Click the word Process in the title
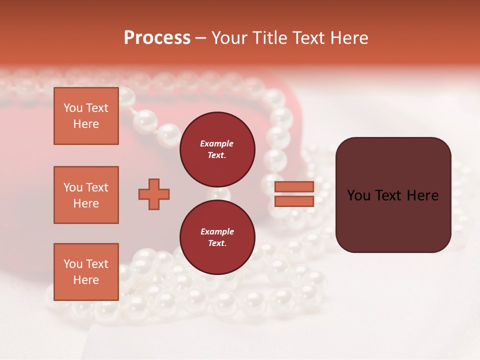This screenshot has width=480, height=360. click(x=157, y=38)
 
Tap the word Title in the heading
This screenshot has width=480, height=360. click(x=269, y=38)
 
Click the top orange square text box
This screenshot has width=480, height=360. click(x=86, y=116)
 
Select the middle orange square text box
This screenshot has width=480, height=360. click(x=86, y=195)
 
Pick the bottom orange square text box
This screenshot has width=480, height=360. click(x=86, y=272)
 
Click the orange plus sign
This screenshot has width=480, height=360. click(x=154, y=194)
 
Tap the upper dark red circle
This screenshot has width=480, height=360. click(x=217, y=149)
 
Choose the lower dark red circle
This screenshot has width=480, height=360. click(x=217, y=237)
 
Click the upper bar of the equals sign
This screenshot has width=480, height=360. click(x=294, y=187)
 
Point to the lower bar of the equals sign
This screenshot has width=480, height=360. click(x=294, y=201)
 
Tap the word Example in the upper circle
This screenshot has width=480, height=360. click(x=217, y=143)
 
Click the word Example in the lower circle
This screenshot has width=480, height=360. click(x=217, y=231)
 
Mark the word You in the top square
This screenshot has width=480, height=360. click(x=73, y=108)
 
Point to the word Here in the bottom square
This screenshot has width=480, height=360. click(x=86, y=280)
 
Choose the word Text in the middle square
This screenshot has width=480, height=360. click(x=96, y=187)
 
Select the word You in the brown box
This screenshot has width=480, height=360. click(x=359, y=195)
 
